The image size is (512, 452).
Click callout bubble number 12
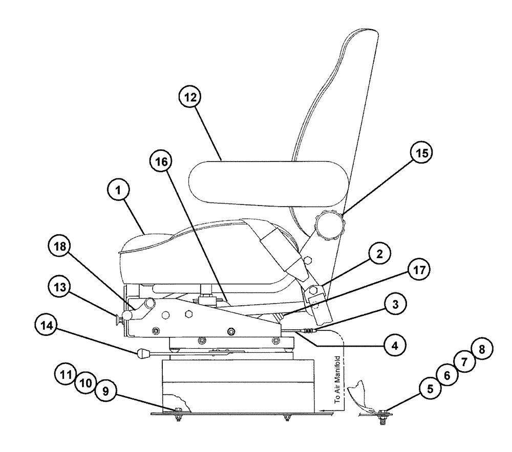click(x=190, y=97)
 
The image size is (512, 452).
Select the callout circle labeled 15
click(x=420, y=153)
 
